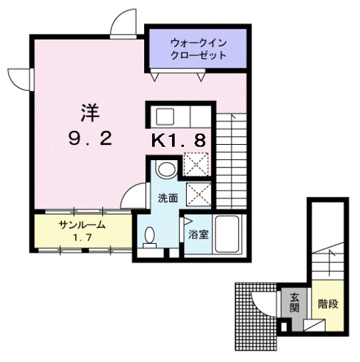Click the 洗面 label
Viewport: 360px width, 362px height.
(167, 198)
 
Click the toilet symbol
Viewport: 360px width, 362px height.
(151, 236)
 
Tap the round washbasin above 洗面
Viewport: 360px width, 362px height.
(168, 168)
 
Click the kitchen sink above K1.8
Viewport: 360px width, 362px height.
(165, 117)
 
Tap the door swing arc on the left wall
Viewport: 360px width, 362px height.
(17, 79)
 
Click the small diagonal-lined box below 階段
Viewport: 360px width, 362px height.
(313, 326)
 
